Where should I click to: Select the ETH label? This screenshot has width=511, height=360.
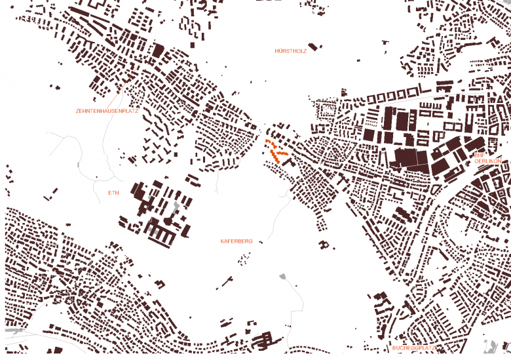click(x=114, y=193)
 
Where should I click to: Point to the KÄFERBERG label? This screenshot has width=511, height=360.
click(x=237, y=241)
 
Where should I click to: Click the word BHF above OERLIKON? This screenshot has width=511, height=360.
click(x=479, y=155)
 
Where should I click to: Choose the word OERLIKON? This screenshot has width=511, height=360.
click(x=487, y=161)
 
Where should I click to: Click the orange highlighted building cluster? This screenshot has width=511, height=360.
click(x=276, y=150)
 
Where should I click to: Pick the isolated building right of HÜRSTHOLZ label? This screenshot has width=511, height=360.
click(x=313, y=46)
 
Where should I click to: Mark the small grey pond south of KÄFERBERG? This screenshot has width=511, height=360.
click(x=283, y=277)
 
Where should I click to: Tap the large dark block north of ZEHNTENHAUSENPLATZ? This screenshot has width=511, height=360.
click(x=157, y=50)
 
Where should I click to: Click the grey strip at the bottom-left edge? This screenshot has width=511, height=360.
click(x=14, y=332)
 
